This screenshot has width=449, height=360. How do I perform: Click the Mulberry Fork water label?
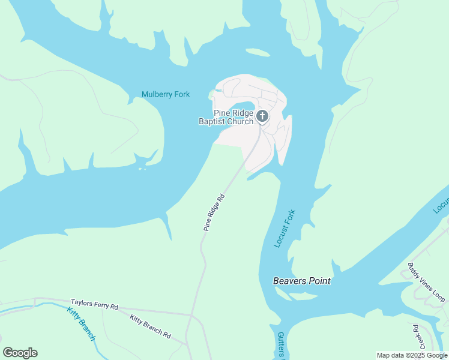point(166,94)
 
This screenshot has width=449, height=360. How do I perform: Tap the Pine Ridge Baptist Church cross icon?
point(262,116)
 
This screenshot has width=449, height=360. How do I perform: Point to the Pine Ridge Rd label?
point(214,212)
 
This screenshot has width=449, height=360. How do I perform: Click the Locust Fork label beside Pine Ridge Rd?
point(285,229)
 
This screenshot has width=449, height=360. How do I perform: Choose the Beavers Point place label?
point(302,281)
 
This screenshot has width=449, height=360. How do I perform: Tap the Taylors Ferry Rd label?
point(94,304)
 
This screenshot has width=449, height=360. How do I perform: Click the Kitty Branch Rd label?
point(150,326)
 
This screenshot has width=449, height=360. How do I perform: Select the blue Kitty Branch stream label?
point(81,324)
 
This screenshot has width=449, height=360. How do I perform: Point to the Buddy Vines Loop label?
point(427,282)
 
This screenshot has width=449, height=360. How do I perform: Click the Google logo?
point(20,353)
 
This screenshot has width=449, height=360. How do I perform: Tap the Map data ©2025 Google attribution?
point(412,355)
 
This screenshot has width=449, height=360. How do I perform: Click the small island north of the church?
point(258,53)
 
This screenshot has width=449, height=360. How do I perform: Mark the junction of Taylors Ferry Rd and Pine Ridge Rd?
point(191,314)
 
